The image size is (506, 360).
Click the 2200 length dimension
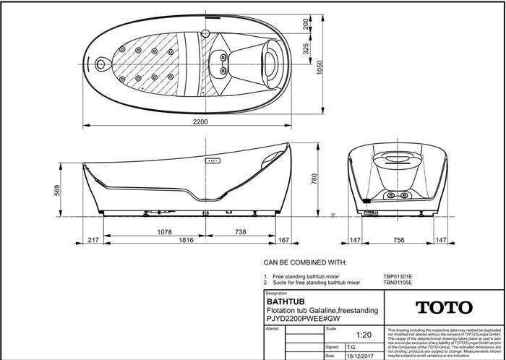pos(200,121)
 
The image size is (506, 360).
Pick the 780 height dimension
pos(314,179)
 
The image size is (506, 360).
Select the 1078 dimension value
pos(166,232)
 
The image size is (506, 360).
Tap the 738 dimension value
pos(238,232)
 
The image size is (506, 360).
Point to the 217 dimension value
pos(93,239)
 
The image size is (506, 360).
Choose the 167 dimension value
pos(283,239)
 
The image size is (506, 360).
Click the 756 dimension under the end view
pos(398,239)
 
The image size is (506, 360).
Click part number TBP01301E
pos(398,275)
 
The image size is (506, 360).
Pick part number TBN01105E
pos(398,283)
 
